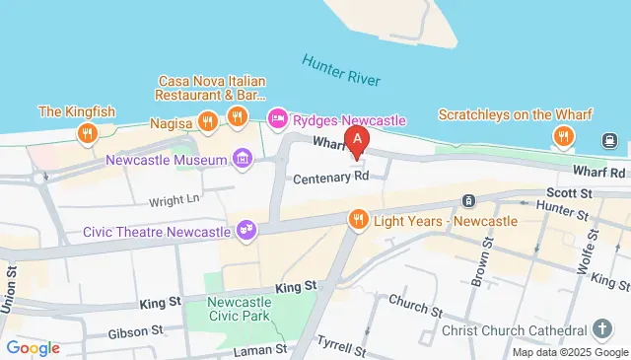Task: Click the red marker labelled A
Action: click(356, 140)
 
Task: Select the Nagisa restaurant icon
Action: click(207, 123)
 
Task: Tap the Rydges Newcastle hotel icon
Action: click(278, 120)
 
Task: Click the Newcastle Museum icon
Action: click(243, 158)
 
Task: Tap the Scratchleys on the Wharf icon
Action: click(564, 137)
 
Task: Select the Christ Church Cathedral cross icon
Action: click(602, 328)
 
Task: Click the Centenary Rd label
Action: click(330, 179)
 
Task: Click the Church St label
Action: click(411, 301)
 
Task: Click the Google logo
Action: click(33, 347)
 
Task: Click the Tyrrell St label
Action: click(341, 346)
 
